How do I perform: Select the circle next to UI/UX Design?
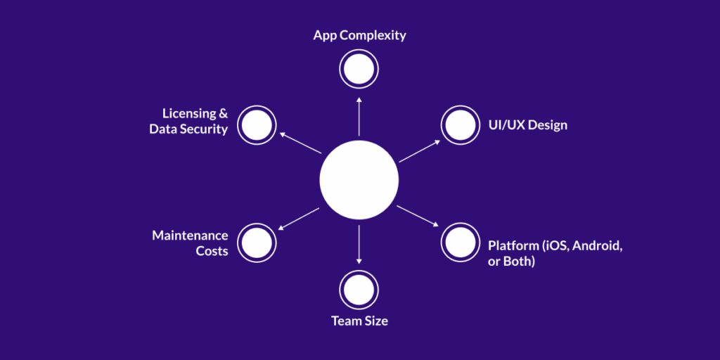pos(460,125)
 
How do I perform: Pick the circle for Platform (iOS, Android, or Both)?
pos(460,243)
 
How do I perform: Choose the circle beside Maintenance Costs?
pos(257,243)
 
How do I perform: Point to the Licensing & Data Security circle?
pos(257,125)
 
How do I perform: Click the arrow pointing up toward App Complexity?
pos(359,116)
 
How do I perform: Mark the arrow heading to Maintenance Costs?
pos(300,219)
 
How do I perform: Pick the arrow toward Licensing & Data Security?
pos(300,143)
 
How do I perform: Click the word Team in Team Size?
pos(345,321)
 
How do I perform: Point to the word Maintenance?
pos(190,236)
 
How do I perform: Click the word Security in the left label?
pos(204,129)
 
